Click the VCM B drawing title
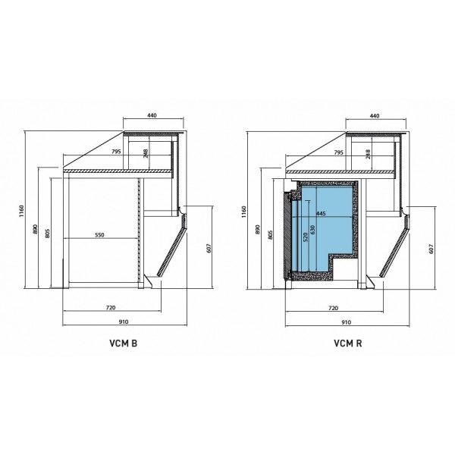pos(123,344)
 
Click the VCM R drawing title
pos(347,344)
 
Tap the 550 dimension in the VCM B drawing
pos(99,235)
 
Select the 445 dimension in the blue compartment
pos(321,214)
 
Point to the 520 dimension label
pos(305,237)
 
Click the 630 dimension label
pos(312,230)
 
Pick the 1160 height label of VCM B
pos(21,211)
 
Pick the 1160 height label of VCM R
pos(243,212)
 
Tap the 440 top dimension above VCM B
pos(152,115)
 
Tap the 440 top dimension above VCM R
pos(375,116)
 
